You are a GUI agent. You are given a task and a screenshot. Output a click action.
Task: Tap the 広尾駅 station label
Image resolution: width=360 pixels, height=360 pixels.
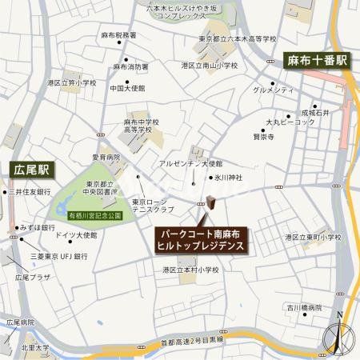pos(33,170)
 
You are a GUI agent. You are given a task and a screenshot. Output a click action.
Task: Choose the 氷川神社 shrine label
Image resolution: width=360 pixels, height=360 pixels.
pos(229,178)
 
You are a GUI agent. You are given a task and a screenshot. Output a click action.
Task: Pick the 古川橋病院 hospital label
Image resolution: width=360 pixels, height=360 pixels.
pos(306,307)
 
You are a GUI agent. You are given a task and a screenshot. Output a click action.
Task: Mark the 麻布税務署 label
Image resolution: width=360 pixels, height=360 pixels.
pos(119,36)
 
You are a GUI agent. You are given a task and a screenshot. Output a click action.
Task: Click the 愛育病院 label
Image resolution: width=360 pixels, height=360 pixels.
pos(104,158)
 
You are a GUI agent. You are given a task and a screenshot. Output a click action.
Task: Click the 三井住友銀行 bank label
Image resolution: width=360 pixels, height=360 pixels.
pos(30,193)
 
